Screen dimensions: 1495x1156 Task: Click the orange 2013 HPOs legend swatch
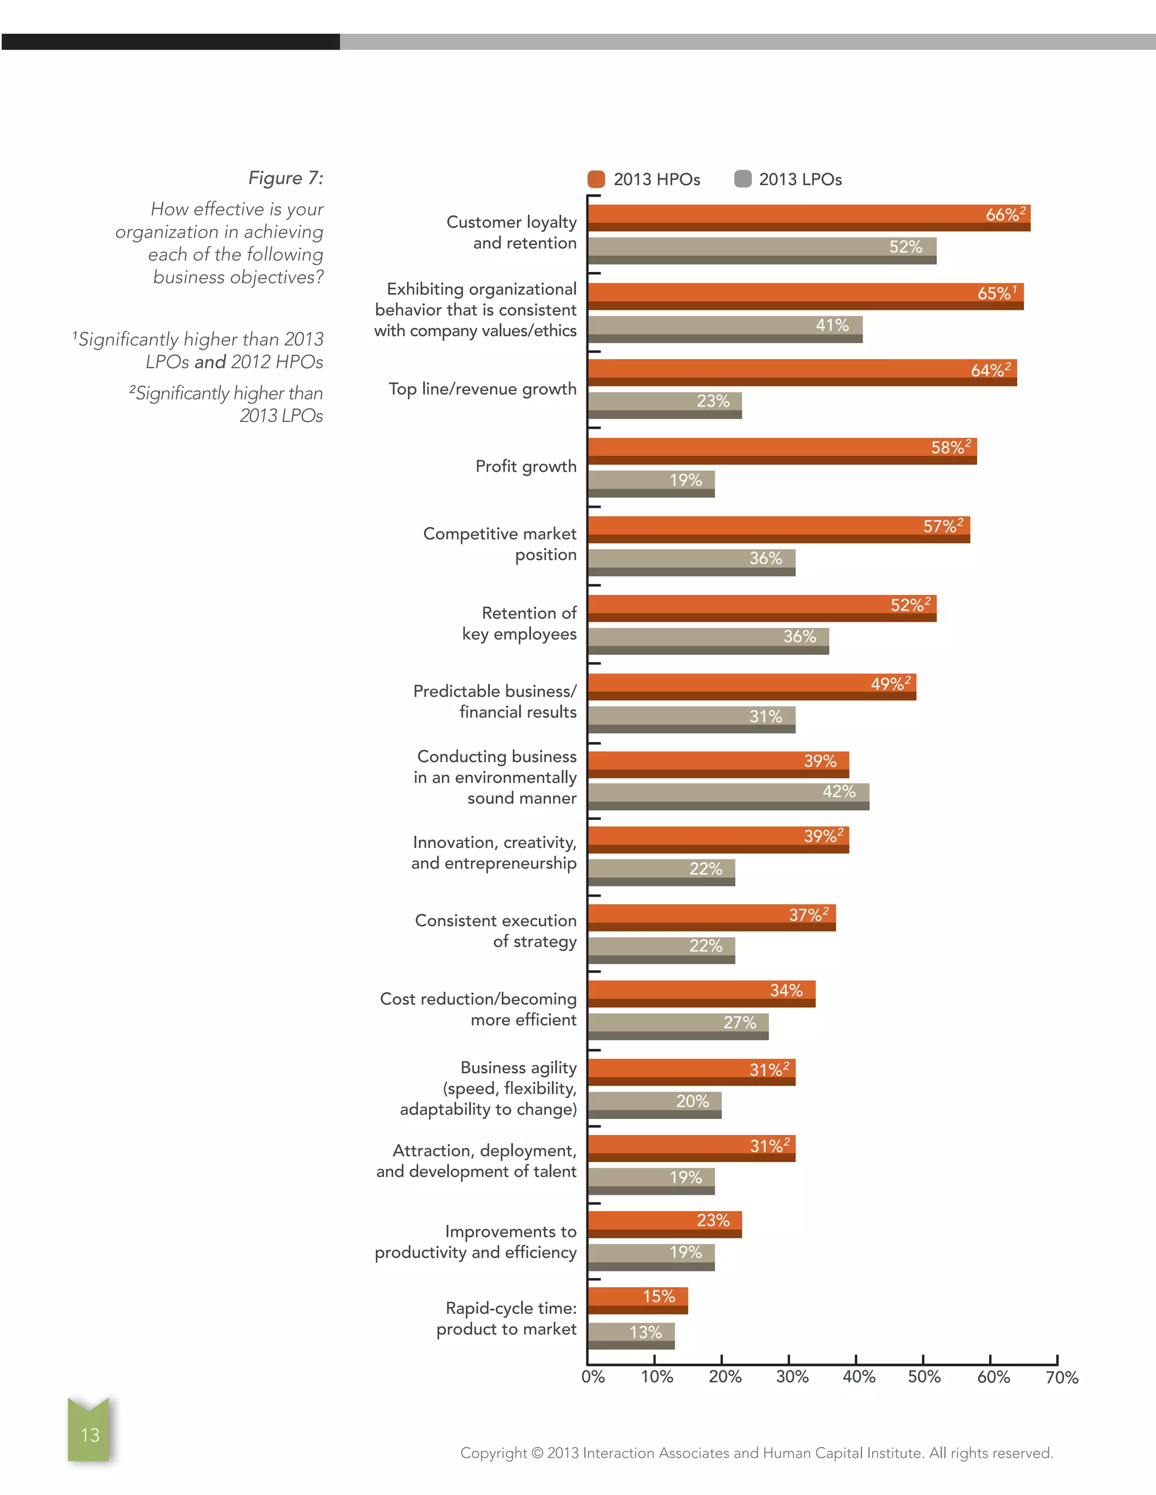pos(596,179)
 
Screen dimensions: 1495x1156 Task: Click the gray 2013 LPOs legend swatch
pos(742,179)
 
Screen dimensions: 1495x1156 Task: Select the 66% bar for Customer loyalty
pos(808,218)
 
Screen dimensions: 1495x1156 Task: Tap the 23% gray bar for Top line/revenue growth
pos(664,405)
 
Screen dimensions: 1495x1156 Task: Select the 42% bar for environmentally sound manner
pos(728,797)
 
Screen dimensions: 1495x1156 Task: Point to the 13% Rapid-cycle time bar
pos(630,1335)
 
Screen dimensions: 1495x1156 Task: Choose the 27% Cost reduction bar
pos(678,1026)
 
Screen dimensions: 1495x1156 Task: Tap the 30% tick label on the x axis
pos(792,1377)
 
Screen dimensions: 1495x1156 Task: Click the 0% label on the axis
pos(593,1377)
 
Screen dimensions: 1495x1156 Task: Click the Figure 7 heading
pos(285,178)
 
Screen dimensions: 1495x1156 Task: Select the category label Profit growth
pos(526,466)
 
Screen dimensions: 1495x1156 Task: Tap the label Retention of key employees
pos(520,623)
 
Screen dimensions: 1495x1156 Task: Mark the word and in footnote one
pos(210,362)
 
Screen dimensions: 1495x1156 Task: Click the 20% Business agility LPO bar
pos(654,1105)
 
